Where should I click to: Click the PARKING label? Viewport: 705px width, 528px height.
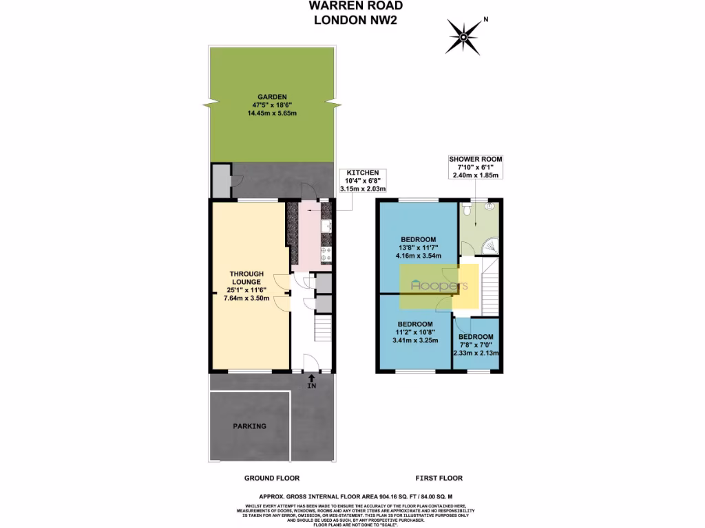(249, 426)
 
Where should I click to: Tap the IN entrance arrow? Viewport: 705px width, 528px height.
(312, 380)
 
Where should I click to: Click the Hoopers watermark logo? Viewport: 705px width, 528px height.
(439, 285)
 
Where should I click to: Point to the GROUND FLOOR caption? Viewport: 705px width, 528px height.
(272, 478)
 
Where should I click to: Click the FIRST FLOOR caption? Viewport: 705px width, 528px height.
(439, 478)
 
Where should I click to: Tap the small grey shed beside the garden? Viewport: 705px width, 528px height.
(220, 180)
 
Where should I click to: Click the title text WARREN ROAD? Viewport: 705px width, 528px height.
(346, 6)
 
